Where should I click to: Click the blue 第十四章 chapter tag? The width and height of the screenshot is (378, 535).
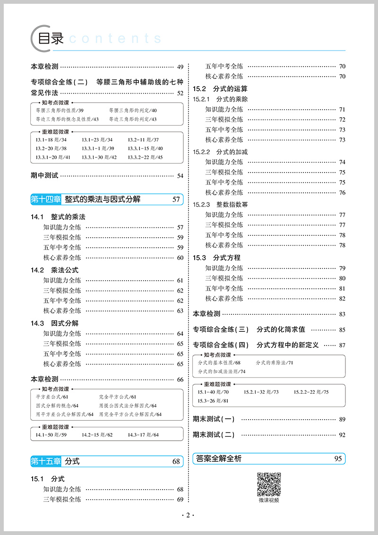(46, 199)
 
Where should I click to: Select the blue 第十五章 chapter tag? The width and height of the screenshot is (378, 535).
(46, 461)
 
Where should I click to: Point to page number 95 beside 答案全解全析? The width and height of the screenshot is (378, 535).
(337, 458)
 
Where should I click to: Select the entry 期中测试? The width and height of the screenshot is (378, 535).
(44, 175)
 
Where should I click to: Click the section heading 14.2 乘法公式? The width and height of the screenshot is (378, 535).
(55, 270)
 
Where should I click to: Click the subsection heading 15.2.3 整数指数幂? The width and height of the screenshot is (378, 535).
(221, 205)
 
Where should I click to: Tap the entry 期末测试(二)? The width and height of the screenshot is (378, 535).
(214, 435)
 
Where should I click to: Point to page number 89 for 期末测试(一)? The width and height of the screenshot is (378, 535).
(342, 419)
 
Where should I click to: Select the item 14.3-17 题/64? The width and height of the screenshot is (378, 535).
(143, 435)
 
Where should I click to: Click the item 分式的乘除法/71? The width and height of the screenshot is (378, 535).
(275, 363)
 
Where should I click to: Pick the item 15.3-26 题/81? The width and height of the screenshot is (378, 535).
(213, 401)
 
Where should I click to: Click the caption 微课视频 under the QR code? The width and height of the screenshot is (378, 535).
(269, 500)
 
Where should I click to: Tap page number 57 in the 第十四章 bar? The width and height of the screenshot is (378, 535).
(176, 199)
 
